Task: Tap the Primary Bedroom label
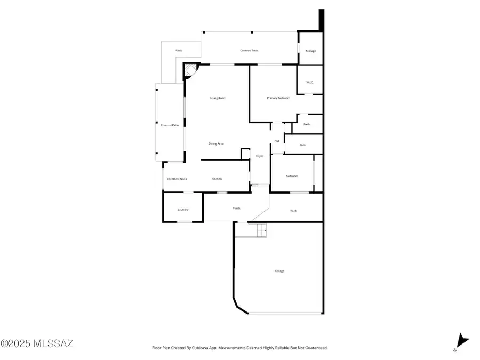point(278,98)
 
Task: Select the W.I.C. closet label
point(310,82)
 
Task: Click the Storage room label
point(310,51)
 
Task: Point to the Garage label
point(279,271)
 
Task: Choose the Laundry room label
point(183,210)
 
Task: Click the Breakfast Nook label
point(177,179)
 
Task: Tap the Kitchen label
point(217,179)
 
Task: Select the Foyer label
point(260,156)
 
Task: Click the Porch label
point(236,209)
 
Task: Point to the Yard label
point(293,211)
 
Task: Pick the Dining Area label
point(216,143)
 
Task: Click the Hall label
point(277,141)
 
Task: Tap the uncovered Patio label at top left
point(179,51)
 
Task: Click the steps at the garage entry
point(261,230)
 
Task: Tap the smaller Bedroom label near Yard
point(292,176)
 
